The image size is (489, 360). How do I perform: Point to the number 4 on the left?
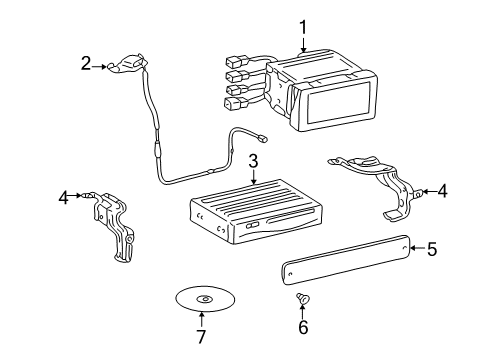click(64, 198)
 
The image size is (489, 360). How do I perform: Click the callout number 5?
click(432, 248)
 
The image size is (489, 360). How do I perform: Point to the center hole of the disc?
click(204, 299)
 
